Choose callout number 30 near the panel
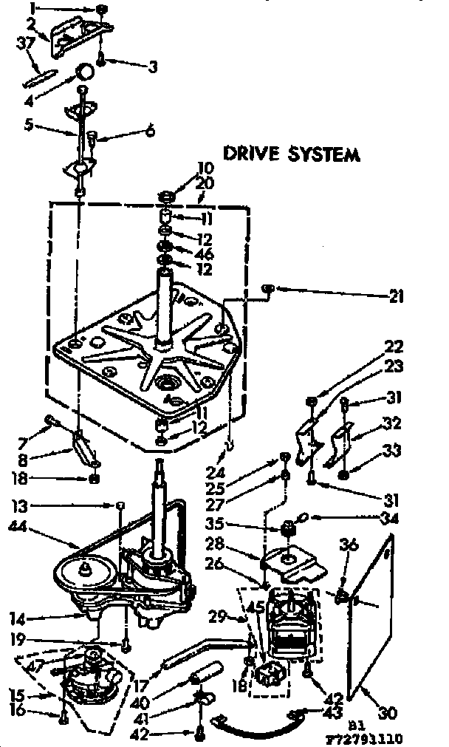(388, 714)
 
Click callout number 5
(28, 125)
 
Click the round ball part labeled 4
(86, 71)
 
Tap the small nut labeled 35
(287, 529)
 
